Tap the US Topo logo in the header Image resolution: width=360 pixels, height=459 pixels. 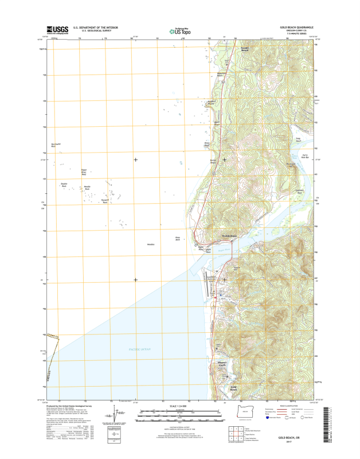click(179, 32)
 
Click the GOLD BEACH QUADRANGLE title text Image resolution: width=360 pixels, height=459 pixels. click(296, 27)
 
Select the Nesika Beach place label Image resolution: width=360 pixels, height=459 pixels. click(245, 50)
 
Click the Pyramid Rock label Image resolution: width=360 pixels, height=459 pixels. click(105, 201)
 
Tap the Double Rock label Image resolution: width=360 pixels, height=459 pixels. click(64, 186)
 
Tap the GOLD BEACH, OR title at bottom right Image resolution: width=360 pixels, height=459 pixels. click(291, 437)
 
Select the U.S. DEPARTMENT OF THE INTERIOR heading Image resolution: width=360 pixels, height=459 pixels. click(95, 27)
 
